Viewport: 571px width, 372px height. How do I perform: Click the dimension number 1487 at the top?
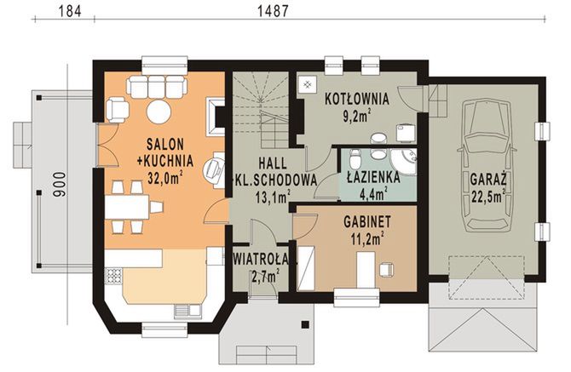[273, 10]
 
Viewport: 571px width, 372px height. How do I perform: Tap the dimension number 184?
[70, 10]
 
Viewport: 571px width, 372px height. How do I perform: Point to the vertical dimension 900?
[61, 185]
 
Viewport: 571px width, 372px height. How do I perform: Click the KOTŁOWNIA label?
[357, 99]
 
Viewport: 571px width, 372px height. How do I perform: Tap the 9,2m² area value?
[358, 116]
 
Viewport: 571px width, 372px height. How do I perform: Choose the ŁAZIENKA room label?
[373, 177]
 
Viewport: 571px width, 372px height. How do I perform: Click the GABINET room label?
[367, 221]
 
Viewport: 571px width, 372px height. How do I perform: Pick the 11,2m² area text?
[367, 238]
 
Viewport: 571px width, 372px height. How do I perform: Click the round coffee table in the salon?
[159, 112]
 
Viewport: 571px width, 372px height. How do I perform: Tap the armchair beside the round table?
[118, 109]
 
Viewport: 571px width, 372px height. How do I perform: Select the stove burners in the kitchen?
[113, 276]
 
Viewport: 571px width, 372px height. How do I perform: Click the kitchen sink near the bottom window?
[187, 310]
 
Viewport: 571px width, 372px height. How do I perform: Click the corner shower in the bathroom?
[403, 161]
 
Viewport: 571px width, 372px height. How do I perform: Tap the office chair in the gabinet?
[386, 269]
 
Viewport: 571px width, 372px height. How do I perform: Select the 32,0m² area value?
[164, 177]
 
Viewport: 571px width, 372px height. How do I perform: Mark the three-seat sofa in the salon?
[157, 88]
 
